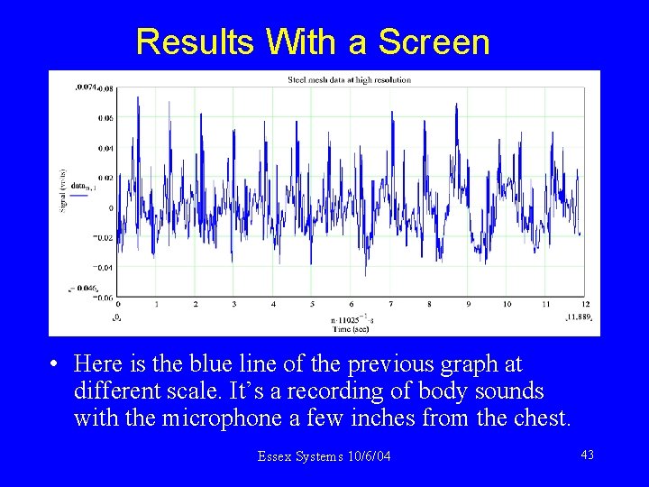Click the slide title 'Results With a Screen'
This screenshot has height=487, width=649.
pyautogui.click(x=313, y=41)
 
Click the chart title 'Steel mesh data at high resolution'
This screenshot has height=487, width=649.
pyautogui.click(x=349, y=80)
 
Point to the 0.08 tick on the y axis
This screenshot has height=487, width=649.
pyautogui.click(x=105, y=88)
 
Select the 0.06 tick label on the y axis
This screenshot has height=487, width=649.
pyautogui.click(x=105, y=118)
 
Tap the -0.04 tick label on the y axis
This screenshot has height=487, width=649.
pyautogui.click(x=104, y=268)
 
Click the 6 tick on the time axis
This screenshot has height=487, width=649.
pyautogui.click(x=352, y=305)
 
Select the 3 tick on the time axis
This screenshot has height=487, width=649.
pyautogui.click(x=234, y=305)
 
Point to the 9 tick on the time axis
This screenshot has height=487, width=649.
pyautogui.click(x=468, y=305)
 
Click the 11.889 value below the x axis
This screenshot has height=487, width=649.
pyautogui.click(x=578, y=317)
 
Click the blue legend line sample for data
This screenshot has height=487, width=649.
pyautogui.click(x=79, y=194)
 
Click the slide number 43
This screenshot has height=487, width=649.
pyautogui.click(x=587, y=455)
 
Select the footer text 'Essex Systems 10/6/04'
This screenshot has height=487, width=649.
pyautogui.click(x=324, y=456)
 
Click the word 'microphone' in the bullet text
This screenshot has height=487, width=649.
pyautogui.click(x=224, y=418)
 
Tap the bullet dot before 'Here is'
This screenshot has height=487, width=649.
pyautogui.click(x=56, y=364)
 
